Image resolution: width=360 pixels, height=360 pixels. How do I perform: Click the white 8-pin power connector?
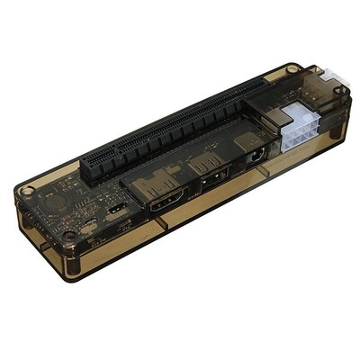coord(300,133)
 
